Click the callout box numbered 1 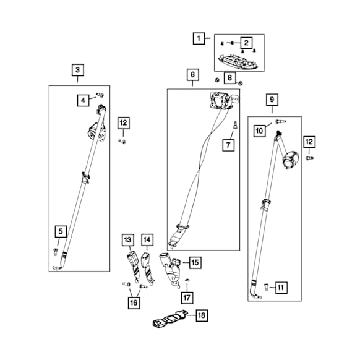click(199, 38)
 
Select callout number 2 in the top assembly click(246, 43)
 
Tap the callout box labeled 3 click(77, 70)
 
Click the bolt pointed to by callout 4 click(100, 95)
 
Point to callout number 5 click(61, 231)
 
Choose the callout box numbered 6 click(192, 74)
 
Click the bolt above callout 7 click(235, 125)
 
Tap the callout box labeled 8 click(230, 78)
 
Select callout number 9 click(272, 100)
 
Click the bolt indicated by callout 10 click(281, 121)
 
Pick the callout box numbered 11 click(281, 288)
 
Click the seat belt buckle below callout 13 click(134, 267)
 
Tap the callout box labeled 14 click(147, 240)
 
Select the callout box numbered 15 click(195, 263)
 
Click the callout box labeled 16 click(134, 303)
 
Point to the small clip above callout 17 click(187, 280)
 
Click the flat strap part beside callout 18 click(170, 319)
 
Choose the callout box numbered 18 click(202, 315)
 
